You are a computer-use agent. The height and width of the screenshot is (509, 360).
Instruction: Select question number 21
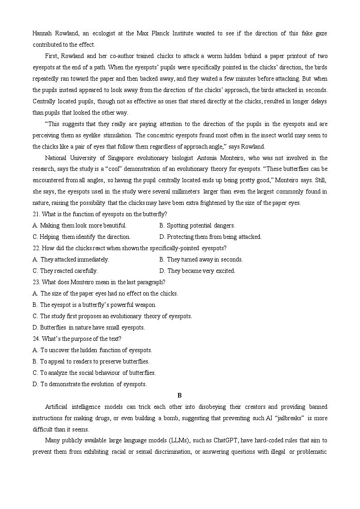[37, 214]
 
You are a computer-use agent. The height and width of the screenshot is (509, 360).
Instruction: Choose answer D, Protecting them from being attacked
[210, 237]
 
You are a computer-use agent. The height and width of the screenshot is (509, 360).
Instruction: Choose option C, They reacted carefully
[65, 271]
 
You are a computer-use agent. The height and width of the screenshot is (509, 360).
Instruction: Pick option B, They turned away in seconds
[201, 259]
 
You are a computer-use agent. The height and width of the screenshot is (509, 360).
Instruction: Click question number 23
[37, 282]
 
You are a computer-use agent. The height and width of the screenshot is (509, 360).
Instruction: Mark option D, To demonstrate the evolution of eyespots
[89, 384]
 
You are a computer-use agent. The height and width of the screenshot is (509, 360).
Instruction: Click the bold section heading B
[180, 395]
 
